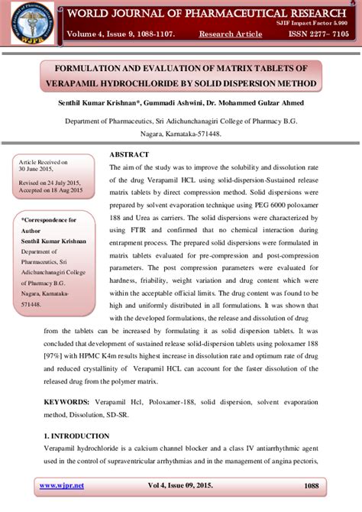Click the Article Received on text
(43, 163)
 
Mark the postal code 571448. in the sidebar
(31, 303)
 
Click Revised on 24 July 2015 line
(50, 184)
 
